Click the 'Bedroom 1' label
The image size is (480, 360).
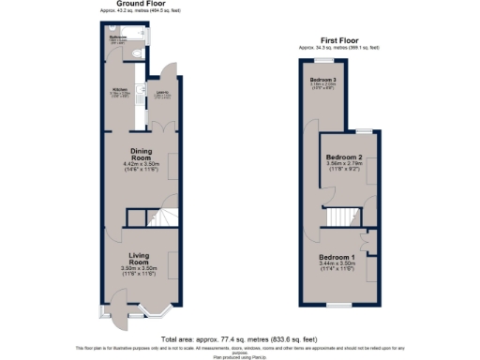[x=337, y=257]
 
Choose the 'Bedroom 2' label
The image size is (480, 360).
[x=343, y=157]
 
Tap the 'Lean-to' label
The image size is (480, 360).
[x=162, y=92]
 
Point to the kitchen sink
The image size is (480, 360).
[x=139, y=94]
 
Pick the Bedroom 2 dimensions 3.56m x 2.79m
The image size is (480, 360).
[x=343, y=166]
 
